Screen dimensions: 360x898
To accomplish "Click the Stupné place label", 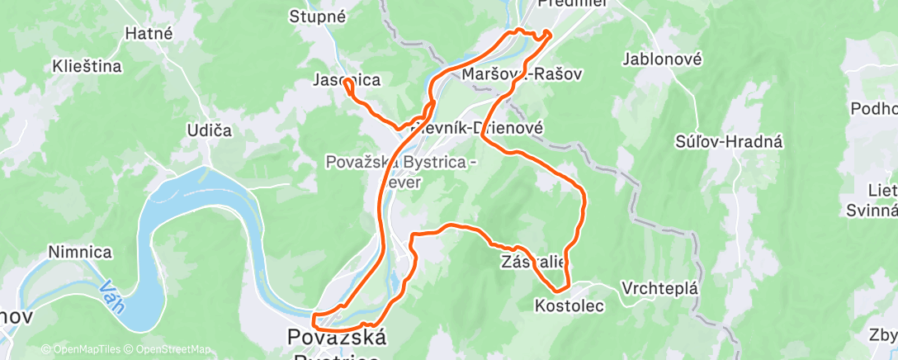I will pyautogui.click(x=318, y=16).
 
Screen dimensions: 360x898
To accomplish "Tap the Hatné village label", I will pyautogui.click(x=148, y=34).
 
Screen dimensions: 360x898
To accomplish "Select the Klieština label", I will pyautogui.click(x=87, y=65).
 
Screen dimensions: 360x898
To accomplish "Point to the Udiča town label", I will pyautogui.click(x=210, y=130).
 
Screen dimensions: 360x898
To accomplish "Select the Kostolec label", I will pyautogui.click(x=570, y=306).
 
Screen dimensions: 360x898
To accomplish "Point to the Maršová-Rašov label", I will pyautogui.click(x=522, y=74).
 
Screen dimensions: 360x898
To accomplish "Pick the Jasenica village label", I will pyautogui.click(x=347, y=80).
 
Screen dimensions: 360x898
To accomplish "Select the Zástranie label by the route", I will pyautogui.click(x=533, y=262).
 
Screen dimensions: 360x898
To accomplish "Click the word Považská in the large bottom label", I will pyautogui.click(x=336, y=337).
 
